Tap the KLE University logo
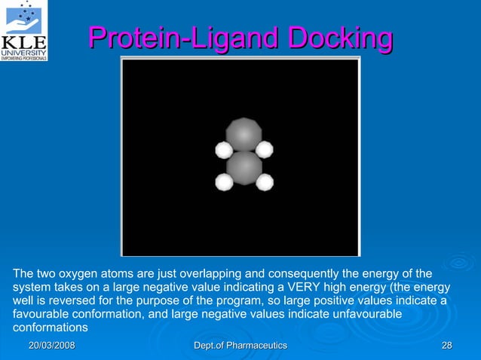click(25, 30)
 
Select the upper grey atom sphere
click(244, 134)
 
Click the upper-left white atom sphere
click(224, 150)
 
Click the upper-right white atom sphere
click(264, 149)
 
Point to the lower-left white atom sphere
click(224, 182)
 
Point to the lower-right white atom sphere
click(264, 182)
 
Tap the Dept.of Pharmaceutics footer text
click(240, 345)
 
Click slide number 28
click(446, 345)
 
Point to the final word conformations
click(51, 328)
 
